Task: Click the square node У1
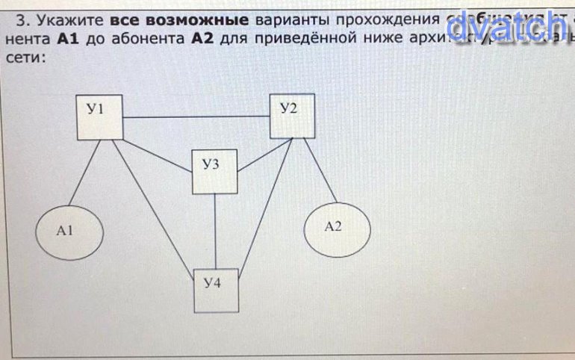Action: pyautogui.click(x=100, y=117)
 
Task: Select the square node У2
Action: pyautogui.click(x=292, y=116)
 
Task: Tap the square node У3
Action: pyautogui.click(x=215, y=172)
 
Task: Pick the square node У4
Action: pyautogui.click(x=217, y=290)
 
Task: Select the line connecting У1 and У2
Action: pyautogui.click(x=196, y=118)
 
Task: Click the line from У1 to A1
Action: pyautogui.click(x=84, y=172)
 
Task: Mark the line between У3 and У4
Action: pyautogui.click(x=216, y=231)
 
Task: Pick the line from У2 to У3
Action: pyautogui.click(x=254, y=157)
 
